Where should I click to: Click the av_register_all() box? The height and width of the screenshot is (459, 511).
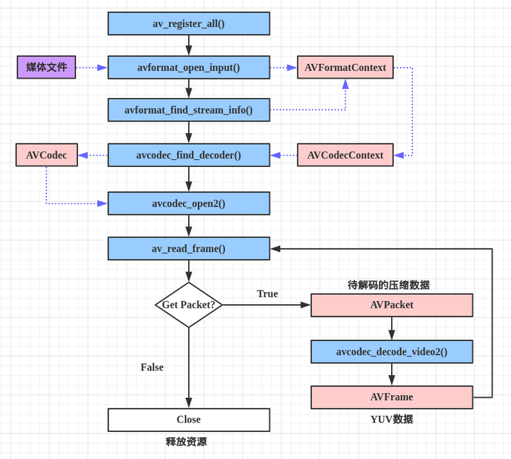click(189, 23)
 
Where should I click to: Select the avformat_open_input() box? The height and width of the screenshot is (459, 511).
click(189, 67)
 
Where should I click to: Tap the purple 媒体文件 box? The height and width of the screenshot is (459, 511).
click(46, 67)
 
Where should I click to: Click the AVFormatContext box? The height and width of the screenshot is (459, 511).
click(345, 67)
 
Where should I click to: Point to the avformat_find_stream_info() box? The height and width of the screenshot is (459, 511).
click(189, 110)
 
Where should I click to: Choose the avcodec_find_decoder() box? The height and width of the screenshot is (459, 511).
click(189, 155)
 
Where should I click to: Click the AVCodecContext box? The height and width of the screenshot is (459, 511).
click(345, 155)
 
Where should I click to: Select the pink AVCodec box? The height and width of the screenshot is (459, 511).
click(47, 155)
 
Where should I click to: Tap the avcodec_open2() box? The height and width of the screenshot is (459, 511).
click(189, 203)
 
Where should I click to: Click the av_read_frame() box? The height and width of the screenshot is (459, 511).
click(189, 249)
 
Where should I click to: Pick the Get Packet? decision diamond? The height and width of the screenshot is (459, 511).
click(189, 305)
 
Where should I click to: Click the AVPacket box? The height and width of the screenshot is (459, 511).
click(392, 305)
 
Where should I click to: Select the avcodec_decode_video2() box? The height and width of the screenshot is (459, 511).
click(392, 352)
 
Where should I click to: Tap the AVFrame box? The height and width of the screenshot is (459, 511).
click(392, 397)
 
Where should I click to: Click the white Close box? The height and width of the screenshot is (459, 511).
click(189, 420)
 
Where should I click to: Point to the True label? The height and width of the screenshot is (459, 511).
click(268, 293)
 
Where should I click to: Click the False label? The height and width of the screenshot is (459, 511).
click(152, 367)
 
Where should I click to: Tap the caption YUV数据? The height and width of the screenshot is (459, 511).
click(392, 419)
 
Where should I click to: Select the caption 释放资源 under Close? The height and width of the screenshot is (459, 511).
click(187, 442)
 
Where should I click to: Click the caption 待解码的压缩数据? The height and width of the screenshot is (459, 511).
click(389, 285)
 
